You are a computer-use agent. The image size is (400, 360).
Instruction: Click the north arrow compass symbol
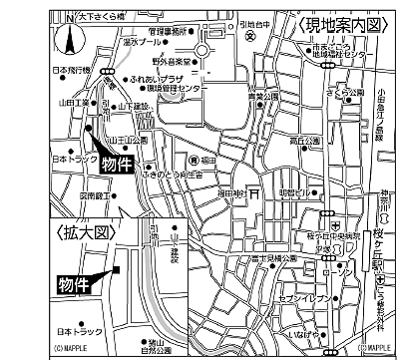point(69,41)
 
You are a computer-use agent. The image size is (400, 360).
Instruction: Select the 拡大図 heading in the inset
point(83,232)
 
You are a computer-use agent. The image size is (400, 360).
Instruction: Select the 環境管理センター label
point(169,88)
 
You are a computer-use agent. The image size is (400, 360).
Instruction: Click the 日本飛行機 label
point(67,71)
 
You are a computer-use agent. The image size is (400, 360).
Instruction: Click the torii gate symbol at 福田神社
point(255,192)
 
